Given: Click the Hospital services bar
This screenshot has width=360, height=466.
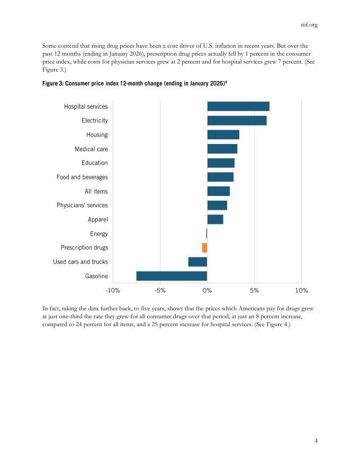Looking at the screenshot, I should (x=238, y=106).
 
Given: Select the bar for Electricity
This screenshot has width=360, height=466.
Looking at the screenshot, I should (x=237, y=121).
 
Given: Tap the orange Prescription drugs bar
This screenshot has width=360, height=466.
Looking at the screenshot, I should (x=204, y=248).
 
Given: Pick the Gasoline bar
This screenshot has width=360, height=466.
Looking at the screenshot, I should (x=172, y=276).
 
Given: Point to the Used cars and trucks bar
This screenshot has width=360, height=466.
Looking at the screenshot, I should (x=197, y=262).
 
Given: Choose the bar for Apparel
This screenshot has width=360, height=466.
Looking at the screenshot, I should (x=215, y=219).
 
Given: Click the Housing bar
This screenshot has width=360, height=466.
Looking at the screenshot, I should (x=223, y=135).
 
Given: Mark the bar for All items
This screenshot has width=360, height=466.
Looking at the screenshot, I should (x=218, y=191).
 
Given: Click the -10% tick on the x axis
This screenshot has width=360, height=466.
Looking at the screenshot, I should (x=113, y=291).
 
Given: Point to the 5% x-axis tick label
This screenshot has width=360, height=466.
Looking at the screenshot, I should (x=254, y=291).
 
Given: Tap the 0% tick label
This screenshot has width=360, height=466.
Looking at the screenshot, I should (x=207, y=291).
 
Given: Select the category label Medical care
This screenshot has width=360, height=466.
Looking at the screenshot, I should (x=91, y=149).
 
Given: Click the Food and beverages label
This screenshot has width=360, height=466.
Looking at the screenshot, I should (x=82, y=177).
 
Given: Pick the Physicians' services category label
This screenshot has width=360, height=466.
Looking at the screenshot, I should (x=82, y=205).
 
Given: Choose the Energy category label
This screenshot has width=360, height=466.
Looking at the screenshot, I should (x=99, y=234).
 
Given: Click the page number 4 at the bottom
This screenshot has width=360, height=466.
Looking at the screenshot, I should (x=316, y=440).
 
